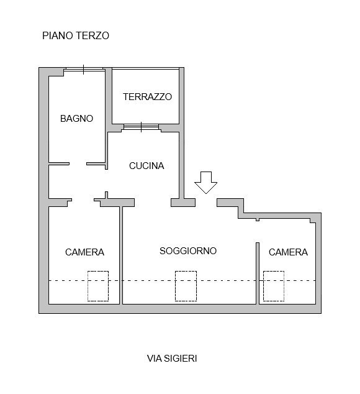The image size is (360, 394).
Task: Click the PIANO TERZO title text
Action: click(x=76, y=35)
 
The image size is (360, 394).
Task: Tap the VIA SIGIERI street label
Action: click(x=172, y=359)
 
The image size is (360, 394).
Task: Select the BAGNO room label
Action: click(x=76, y=119)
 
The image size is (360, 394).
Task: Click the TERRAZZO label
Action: click(x=147, y=97)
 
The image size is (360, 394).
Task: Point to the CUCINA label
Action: click(x=146, y=166)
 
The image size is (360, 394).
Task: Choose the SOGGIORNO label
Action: click(x=188, y=251)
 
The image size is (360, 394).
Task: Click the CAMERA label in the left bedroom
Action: click(x=84, y=252)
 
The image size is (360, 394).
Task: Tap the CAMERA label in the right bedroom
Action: click(x=288, y=252)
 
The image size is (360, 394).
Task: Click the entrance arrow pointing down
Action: click(x=206, y=183)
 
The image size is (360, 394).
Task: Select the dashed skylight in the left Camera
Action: click(x=98, y=286)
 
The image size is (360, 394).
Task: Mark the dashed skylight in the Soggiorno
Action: click(x=186, y=286)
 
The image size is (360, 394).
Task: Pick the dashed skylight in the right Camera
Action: click(x=274, y=286)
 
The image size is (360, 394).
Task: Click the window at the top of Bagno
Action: click(x=84, y=70)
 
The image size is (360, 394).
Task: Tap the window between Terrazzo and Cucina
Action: click(x=142, y=127)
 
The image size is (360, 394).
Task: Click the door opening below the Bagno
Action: click(x=78, y=164)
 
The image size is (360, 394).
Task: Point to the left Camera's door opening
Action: click(x=83, y=201)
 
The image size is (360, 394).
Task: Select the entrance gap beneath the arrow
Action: click(x=206, y=203)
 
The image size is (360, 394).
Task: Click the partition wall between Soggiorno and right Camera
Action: click(x=258, y=273)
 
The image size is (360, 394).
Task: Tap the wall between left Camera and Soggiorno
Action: click(x=121, y=255)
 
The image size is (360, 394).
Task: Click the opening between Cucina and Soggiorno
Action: click(x=153, y=203)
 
